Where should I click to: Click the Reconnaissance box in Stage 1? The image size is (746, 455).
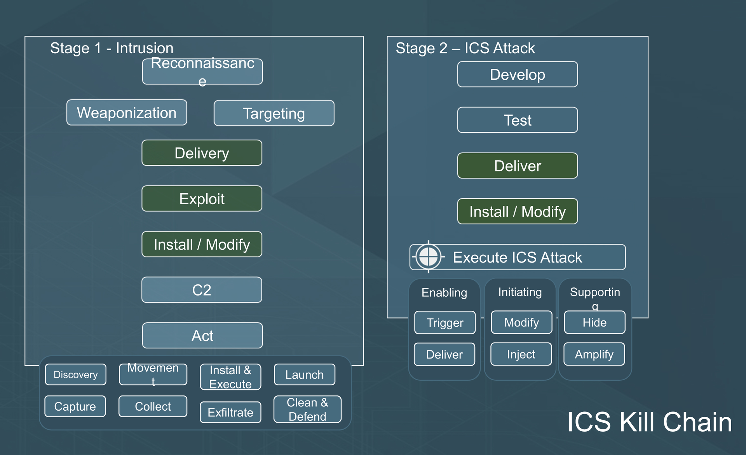[x=202, y=72]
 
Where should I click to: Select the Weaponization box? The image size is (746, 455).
[x=127, y=113]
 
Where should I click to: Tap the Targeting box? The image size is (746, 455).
[x=274, y=113]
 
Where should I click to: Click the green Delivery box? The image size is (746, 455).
[x=202, y=153]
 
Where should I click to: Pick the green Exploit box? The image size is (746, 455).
[x=202, y=199]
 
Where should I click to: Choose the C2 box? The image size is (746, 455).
[x=202, y=290]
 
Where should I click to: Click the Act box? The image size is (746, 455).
[x=202, y=336]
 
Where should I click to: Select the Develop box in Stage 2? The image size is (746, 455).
[x=517, y=74]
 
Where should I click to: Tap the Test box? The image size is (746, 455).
[x=517, y=120]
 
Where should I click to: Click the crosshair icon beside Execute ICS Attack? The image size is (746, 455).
[x=428, y=257]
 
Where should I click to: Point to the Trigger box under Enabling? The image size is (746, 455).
[x=445, y=322]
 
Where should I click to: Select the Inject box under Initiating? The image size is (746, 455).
[x=521, y=354]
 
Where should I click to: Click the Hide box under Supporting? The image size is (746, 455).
[x=594, y=322]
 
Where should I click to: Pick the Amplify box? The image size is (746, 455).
[x=594, y=354]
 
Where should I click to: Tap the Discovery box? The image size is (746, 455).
[x=75, y=374]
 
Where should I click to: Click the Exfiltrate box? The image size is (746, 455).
[x=230, y=412]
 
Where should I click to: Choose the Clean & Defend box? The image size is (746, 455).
[x=307, y=409]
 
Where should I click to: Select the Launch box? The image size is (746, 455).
[x=304, y=374]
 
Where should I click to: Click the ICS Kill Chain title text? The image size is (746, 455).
[x=649, y=422]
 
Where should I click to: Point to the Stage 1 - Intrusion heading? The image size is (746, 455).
[x=112, y=48]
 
